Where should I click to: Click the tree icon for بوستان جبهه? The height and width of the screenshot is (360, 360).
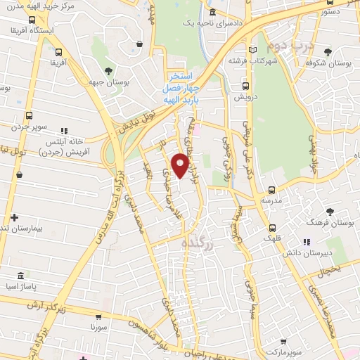click(108, 71)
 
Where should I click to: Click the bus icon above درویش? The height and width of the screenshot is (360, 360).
click(245, 86)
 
